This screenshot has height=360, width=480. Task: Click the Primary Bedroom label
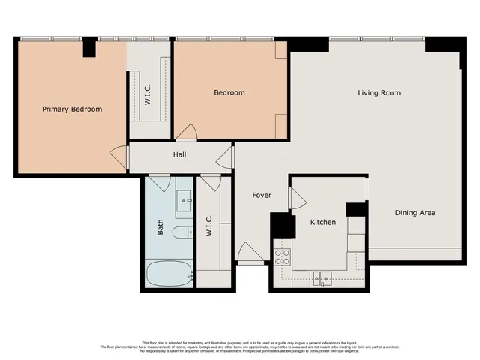(72, 109)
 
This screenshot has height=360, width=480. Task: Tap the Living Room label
(379, 93)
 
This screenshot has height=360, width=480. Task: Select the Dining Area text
(415, 213)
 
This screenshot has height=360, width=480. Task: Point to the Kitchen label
(323, 222)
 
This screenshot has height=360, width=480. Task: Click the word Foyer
(261, 195)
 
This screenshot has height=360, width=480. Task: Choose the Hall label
(180, 155)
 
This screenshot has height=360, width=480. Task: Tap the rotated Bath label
(160, 227)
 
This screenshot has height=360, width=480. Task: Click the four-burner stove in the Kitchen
(283, 257)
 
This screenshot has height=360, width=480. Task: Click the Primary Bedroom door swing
(119, 157)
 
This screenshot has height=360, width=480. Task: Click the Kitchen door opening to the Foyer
(296, 199)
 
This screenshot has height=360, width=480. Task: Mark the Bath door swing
(160, 182)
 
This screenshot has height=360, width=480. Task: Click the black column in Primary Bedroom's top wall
(89, 46)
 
